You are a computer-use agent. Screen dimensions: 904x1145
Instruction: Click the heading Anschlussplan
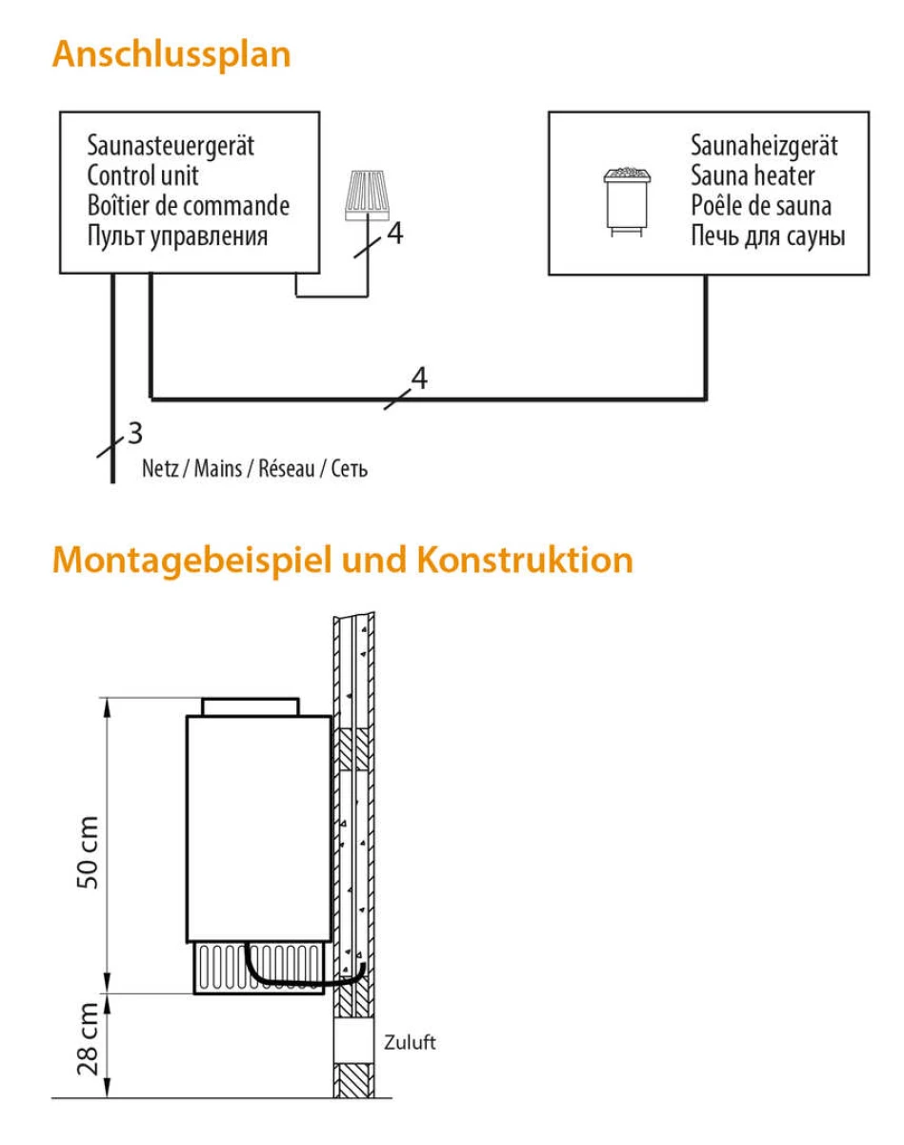[x=171, y=55]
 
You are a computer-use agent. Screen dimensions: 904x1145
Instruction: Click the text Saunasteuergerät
[x=171, y=146]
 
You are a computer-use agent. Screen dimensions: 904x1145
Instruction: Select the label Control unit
[x=143, y=175]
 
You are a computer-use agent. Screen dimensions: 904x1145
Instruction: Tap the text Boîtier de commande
[x=189, y=206]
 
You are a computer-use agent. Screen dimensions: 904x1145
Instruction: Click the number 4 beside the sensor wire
[x=394, y=234]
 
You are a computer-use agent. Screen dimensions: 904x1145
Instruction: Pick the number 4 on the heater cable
[x=419, y=378]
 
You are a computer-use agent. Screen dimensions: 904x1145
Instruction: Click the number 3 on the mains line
[x=135, y=433]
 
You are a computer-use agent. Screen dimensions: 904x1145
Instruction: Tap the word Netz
[x=160, y=469]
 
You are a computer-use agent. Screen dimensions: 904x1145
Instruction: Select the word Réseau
[x=287, y=469]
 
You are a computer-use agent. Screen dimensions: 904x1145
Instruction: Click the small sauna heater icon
[x=628, y=202]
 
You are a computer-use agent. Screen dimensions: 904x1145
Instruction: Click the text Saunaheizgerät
[x=764, y=146]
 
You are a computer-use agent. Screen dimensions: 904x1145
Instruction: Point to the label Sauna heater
[x=753, y=175]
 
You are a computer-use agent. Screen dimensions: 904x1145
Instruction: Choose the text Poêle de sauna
[x=761, y=206]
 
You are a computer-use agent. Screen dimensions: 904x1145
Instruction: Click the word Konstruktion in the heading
[x=525, y=560]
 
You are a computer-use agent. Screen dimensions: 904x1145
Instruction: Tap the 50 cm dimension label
[x=88, y=852]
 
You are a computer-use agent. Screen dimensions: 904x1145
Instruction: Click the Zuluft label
[x=410, y=1042]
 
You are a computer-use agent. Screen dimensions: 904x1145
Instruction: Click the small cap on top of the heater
[x=251, y=707]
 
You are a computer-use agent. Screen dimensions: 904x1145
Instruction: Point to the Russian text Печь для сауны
[x=768, y=236]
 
